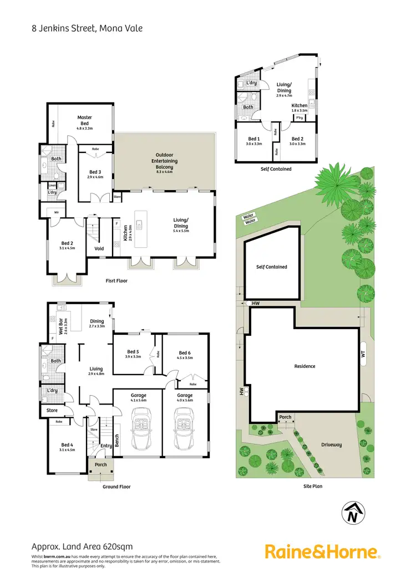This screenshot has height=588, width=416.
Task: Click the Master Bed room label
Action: pos(85,120)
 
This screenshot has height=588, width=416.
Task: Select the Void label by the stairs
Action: pos(99,248)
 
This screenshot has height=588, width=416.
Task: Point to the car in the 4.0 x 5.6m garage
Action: pos(184,431)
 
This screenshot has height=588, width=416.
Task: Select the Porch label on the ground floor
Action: pos(100,464)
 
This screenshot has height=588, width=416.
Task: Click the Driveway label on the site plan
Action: pos(332,444)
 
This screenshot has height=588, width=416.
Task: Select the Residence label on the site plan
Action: pos(305,366)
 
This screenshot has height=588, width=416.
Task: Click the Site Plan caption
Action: pos(313,486)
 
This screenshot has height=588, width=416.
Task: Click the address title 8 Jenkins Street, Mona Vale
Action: pos(87,27)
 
